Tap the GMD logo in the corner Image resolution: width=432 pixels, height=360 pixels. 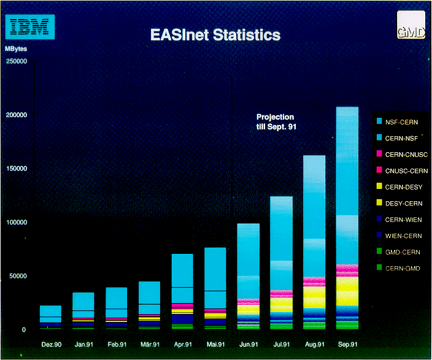tap(410, 26)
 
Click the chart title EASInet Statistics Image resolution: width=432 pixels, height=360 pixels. tap(215, 35)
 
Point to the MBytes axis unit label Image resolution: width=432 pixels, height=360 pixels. tap(16, 48)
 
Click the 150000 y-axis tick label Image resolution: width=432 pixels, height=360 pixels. tap(17, 169)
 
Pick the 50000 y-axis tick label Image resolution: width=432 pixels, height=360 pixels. tap(18, 276)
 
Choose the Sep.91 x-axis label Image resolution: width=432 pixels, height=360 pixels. tap(347, 344)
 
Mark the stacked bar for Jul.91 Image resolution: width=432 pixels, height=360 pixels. tap(281, 264)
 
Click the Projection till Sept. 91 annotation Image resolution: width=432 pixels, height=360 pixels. tap(275, 121)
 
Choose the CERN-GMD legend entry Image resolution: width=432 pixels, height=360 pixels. tap(403, 268)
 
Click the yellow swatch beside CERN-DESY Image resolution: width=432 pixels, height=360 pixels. tap(380, 186)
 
